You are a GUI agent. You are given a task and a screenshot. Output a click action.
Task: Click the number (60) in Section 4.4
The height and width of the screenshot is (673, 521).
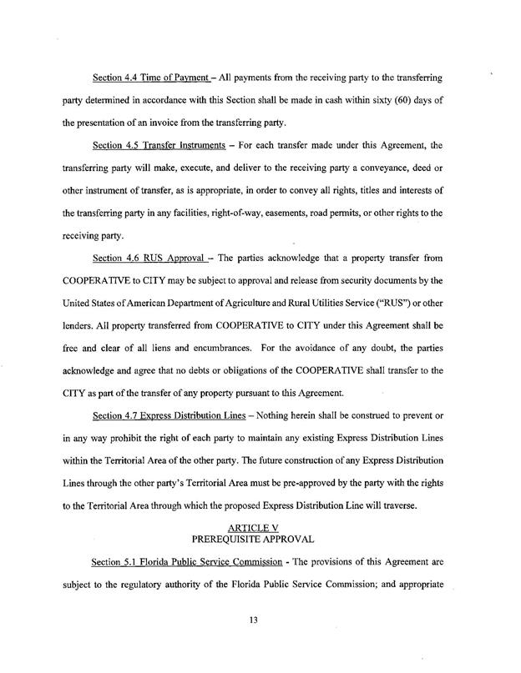[394, 101]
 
